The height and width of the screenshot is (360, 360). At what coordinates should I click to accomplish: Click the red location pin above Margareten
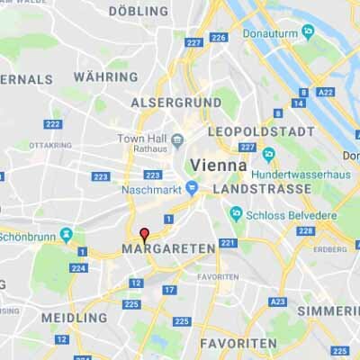pos(144,233)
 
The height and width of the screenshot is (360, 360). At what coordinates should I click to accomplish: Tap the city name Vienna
pos(219,166)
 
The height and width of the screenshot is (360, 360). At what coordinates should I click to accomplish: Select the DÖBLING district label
pos(138,12)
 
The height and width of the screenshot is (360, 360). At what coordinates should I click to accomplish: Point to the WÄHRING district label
pos(105,77)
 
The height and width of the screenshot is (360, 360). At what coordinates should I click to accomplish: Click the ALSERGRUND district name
pos(176,103)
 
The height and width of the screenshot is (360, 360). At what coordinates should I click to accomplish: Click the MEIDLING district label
pos(74,318)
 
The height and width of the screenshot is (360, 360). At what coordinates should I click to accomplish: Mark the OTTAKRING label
pos(49,145)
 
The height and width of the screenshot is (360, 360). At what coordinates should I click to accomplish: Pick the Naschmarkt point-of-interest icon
pos(192,189)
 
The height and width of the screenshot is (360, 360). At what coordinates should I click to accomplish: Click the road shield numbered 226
pos(218,37)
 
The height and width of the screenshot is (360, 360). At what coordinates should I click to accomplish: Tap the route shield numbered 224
pos(78,267)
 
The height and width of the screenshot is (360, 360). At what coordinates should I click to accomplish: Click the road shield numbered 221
pos(227,243)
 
